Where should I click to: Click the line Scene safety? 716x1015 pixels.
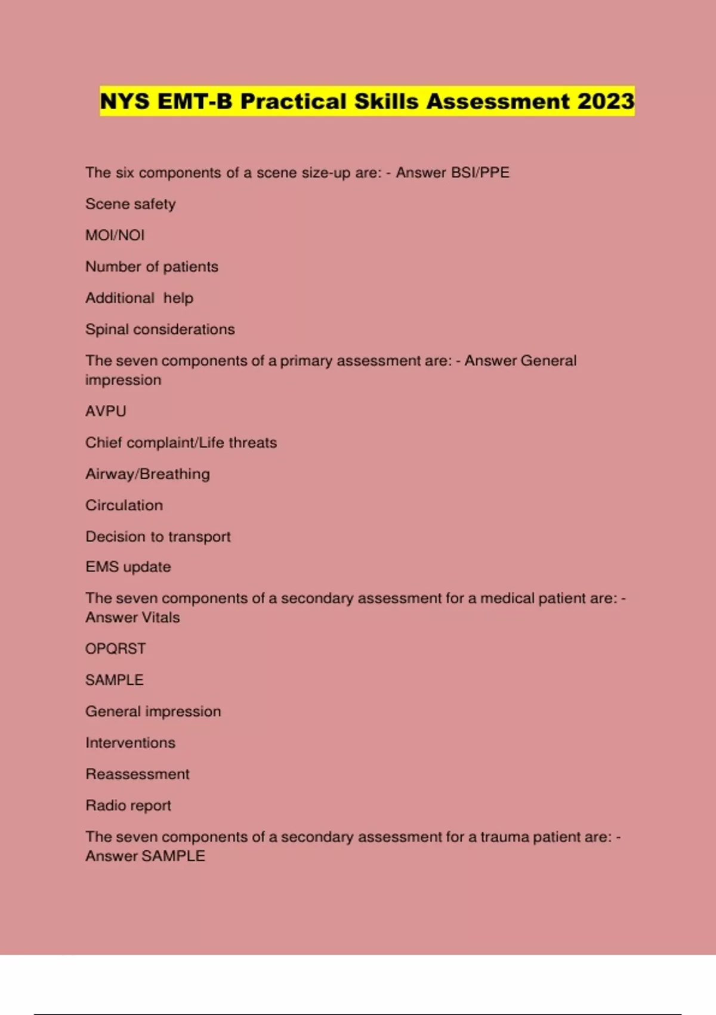coord(131,204)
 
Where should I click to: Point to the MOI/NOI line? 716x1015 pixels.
coord(115,235)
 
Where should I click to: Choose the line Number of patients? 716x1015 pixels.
coord(152,267)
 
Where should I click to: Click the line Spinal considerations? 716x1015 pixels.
coord(160,330)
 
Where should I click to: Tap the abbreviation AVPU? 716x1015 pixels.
coord(106,411)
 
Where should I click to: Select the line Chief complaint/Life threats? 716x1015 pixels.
coord(181,443)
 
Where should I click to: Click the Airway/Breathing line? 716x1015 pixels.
coord(147,474)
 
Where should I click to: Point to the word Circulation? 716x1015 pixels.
coord(124,505)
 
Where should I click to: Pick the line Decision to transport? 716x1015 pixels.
coord(158,537)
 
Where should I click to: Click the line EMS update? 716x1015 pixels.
coord(128,567)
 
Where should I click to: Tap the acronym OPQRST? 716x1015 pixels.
coord(115,649)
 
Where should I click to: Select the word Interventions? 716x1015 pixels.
coord(130,743)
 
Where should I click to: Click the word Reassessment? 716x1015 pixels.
coord(137,774)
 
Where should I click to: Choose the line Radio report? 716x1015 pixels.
coord(128,805)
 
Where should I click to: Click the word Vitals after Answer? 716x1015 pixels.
coord(159,617)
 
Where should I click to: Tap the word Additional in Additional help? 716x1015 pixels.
coord(120,298)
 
